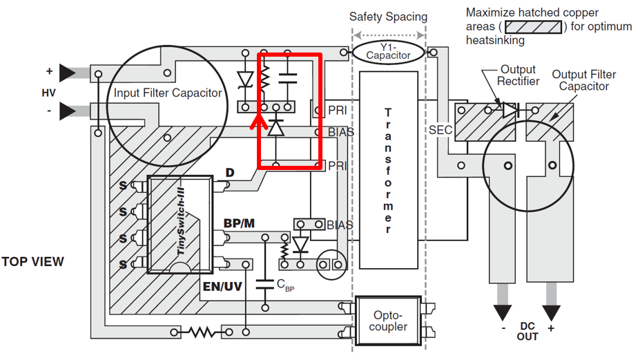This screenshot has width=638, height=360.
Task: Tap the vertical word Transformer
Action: (x=388, y=171)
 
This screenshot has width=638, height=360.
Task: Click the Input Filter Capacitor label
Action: (x=168, y=93)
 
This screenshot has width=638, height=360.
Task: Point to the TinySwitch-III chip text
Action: (x=181, y=221)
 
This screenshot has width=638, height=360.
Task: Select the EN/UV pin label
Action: (x=222, y=286)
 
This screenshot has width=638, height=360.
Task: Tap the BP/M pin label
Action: (x=239, y=223)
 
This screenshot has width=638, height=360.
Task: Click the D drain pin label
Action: (x=230, y=173)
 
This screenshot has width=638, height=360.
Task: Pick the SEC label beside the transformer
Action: (x=441, y=130)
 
